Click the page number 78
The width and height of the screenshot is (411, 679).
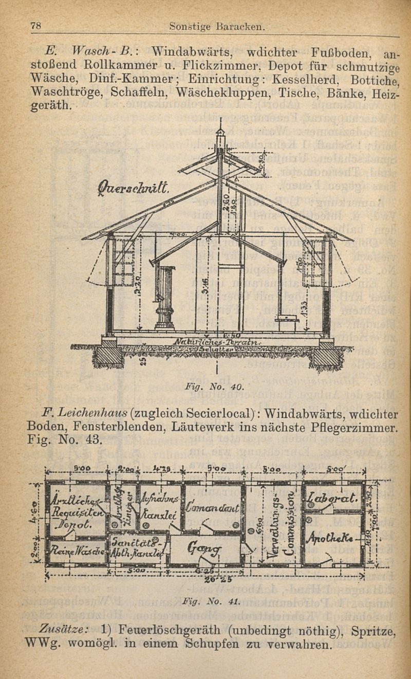tap(35, 25)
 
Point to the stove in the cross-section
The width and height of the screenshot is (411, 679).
tap(165, 296)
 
